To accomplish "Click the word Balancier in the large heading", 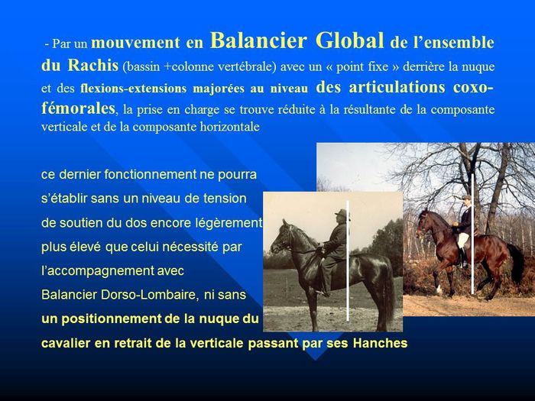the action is click(x=258, y=40).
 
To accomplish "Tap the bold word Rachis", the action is click(x=92, y=65).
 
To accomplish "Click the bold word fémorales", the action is click(x=78, y=108).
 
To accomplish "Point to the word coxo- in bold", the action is click(x=473, y=87).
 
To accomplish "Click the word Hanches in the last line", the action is click(x=380, y=343).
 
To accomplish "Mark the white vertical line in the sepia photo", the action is click(x=348, y=260).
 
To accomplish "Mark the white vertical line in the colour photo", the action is click(x=472, y=233).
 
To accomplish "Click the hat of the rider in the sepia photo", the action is click(x=342, y=214).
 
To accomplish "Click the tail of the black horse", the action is click(x=388, y=289).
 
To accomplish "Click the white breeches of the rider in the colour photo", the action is click(x=462, y=240).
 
